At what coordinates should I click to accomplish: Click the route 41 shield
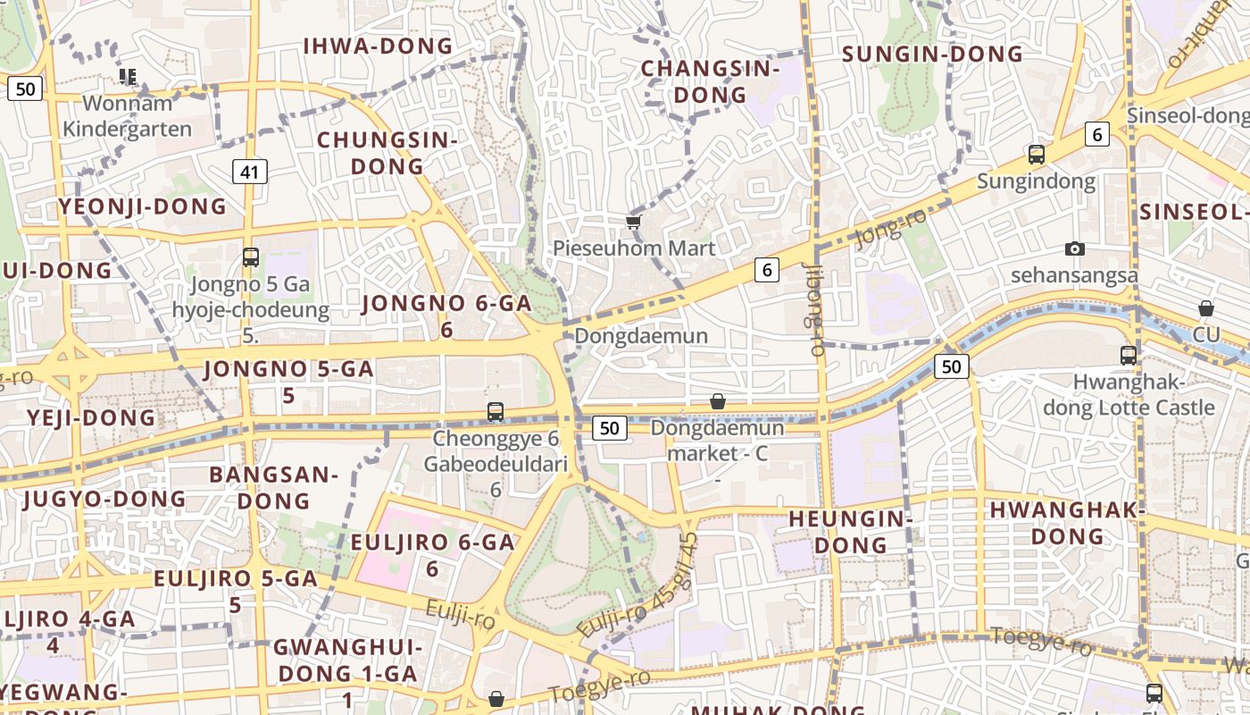250,172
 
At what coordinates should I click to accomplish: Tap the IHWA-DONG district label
379,46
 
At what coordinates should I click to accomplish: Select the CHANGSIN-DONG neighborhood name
710,81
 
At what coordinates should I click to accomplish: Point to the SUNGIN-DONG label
932,55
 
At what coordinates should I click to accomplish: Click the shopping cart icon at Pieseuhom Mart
633,222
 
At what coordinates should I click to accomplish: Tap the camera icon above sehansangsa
1075,248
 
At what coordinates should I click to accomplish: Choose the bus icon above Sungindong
1036,154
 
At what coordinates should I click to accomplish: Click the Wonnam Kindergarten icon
128,77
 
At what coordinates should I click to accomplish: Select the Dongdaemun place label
641,336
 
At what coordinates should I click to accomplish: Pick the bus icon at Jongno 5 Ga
251,257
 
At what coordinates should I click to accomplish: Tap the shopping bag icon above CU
1206,308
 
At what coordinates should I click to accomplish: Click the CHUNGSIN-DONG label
387,153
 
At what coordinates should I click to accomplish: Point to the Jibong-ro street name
813,308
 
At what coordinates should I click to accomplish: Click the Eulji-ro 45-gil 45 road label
637,586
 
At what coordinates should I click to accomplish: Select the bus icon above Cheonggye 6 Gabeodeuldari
496,412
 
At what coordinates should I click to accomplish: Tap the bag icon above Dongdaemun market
717,402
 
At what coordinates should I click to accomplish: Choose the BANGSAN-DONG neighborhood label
273,487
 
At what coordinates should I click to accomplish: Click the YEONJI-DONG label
143,207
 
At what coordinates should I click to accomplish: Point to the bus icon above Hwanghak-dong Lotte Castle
1129,355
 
